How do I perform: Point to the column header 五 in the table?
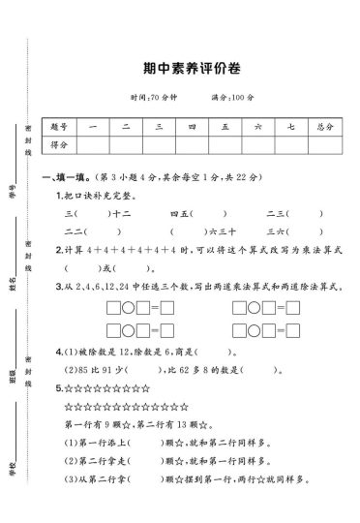(x=224, y=127)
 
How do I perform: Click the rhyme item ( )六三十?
(x=194, y=231)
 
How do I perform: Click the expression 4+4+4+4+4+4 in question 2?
(x=135, y=250)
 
